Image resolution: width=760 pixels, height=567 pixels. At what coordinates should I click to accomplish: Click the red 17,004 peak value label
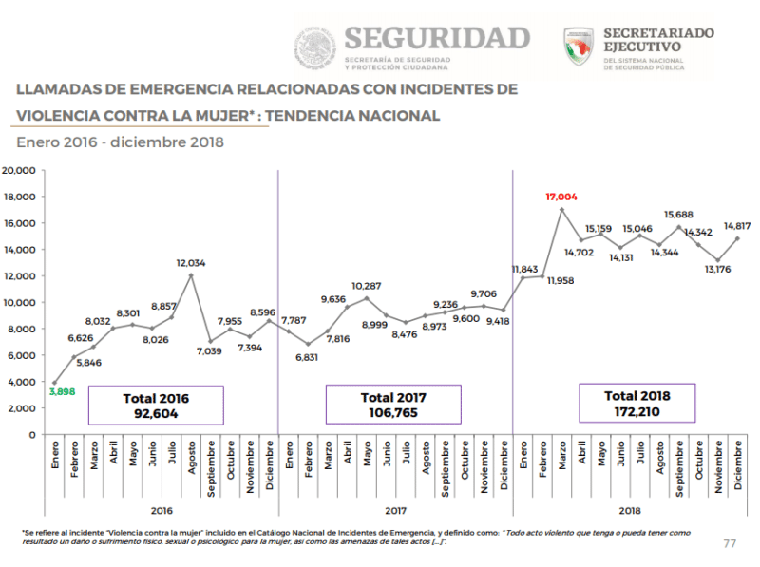(561, 197)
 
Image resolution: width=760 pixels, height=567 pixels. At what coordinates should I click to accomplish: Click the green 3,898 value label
(63, 391)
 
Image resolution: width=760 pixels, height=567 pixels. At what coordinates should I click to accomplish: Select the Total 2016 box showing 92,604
(156, 405)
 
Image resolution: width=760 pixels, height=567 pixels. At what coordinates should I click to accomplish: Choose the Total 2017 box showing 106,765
(393, 405)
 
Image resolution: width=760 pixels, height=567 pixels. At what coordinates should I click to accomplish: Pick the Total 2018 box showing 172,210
(637, 404)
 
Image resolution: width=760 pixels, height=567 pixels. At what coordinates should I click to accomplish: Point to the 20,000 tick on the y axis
(19, 171)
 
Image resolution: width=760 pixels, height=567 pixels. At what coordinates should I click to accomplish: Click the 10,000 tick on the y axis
(19, 303)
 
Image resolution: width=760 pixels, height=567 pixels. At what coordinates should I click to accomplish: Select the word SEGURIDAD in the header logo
(437, 38)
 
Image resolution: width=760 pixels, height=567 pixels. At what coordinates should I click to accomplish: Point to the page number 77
(730, 543)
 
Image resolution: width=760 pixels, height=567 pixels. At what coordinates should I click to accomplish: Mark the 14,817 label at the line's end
(738, 226)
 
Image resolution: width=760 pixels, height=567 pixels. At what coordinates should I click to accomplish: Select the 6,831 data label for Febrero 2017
(308, 357)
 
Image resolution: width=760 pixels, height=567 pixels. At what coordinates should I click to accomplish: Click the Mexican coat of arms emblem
(314, 47)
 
